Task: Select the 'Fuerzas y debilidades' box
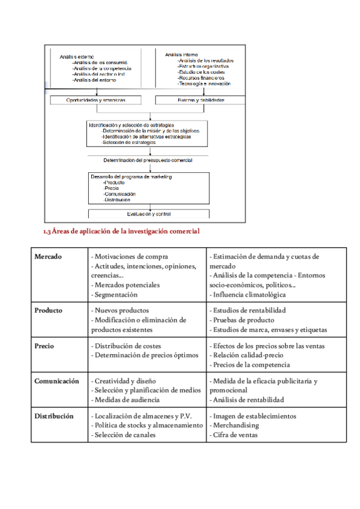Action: pos(201,100)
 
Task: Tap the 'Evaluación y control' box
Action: pos(149,214)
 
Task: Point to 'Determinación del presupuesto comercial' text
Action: pos(148,160)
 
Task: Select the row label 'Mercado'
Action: pos(49,257)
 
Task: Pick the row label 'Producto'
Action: pos(49,310)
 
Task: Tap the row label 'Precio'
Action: pos(45,346)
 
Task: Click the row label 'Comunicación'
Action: pos(57,381)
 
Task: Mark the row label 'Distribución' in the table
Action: pos(54,416)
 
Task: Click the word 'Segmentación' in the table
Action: pos(116,295)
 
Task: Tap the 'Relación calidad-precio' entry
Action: pos(244,355)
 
